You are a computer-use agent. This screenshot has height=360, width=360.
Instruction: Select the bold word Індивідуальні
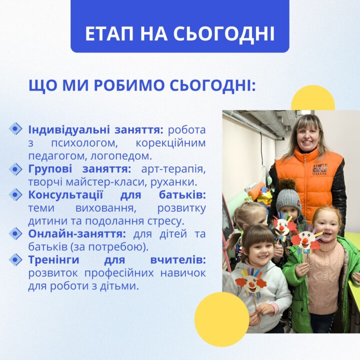(x=69, y=130)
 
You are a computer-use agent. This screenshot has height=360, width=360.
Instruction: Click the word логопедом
(x=121, y=156)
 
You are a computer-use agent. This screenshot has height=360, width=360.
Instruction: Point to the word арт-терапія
(x=173, y=169)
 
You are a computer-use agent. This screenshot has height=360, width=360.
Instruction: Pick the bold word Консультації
(x=65, y=195)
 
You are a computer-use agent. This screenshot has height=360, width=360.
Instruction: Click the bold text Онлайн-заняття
(x=77, y=234)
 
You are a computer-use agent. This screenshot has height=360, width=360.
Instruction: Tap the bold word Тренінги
(x=53, y=260)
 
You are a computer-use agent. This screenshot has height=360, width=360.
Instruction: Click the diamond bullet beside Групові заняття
(x=15, y=169)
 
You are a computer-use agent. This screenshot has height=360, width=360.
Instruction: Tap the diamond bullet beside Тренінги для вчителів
(x=15, y=260)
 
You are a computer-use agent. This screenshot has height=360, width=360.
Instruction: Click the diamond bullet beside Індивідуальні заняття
(x=15, y=129)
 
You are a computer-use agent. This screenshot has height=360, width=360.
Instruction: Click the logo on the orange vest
(x=320, y=169)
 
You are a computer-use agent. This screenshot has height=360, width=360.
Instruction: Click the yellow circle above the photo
(x=312, y=98)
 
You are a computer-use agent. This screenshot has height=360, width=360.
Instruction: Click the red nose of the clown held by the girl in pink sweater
(x=305, y=241)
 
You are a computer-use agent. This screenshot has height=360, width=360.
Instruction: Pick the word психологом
(x=84, y=143)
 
